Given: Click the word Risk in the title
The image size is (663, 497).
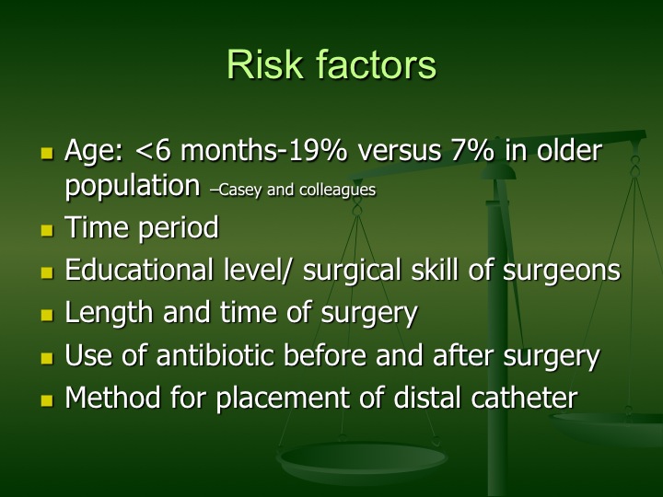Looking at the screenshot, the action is pos(265,64).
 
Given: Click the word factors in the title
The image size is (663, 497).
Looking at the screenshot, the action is pos(377,64).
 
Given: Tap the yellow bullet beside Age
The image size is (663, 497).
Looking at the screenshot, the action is pos(47,153).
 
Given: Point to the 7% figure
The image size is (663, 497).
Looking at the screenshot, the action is pos(471,150).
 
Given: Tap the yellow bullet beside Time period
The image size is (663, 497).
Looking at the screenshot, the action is pos(47,230).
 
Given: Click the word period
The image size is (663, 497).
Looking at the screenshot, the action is pos(179,227).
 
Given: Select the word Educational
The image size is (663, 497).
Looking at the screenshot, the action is pos(139,270).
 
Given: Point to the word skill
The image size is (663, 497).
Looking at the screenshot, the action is pos(435,270).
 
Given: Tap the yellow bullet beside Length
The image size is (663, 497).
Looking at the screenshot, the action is pos(47,315).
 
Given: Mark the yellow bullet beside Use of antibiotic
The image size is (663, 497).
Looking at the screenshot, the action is pos(47,358).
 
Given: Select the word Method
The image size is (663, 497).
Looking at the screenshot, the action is pos(113,398).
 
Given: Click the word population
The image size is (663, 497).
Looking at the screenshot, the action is pos(133,187).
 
